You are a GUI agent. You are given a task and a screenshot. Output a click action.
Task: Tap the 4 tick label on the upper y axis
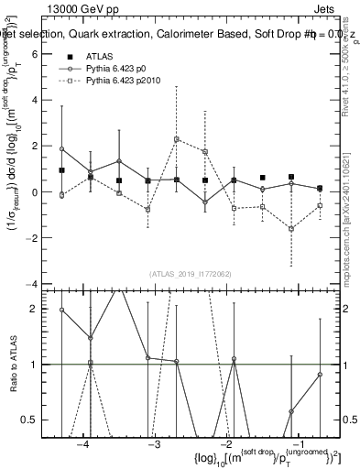tap(34, 100)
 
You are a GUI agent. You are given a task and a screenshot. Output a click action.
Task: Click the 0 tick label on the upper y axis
tap(34, 192)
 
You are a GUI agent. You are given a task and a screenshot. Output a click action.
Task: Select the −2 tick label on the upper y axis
tap(31, 239)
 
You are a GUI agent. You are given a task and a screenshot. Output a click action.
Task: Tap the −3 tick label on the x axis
tap(154, 443)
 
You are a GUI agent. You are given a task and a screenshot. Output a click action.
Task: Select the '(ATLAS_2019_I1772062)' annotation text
tap(190, 274)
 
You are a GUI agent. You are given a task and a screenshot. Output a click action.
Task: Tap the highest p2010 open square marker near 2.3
tap(176, 139)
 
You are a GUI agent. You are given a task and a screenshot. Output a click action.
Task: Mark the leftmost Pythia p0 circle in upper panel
tap(61, 148)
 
